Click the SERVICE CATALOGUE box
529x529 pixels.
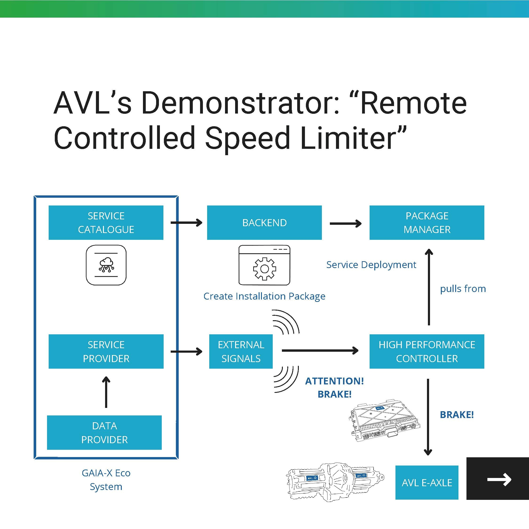(x=106, y=223)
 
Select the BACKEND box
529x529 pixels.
(x=264, y=223)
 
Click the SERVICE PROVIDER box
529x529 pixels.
(x=106, y=351)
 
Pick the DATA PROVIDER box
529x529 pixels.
(x=104, y=433)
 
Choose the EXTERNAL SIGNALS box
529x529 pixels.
(x=241, y=351)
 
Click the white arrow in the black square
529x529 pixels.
(x=499, y=479)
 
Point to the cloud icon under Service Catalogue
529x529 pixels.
(x=106, y=265)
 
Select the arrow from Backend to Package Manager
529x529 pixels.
(x=346, y=224)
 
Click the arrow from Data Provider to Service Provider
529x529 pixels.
(x=106, y=392)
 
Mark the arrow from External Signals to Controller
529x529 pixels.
(x=320, y=350)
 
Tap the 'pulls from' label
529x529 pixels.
(x=463, y=288)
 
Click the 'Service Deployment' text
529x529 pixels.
(x=371, y=265)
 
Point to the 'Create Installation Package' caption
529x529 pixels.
(x=264, y=296)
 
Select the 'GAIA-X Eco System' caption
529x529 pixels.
(x=106, y=480)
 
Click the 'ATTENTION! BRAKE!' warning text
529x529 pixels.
(x=334, y=387)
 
